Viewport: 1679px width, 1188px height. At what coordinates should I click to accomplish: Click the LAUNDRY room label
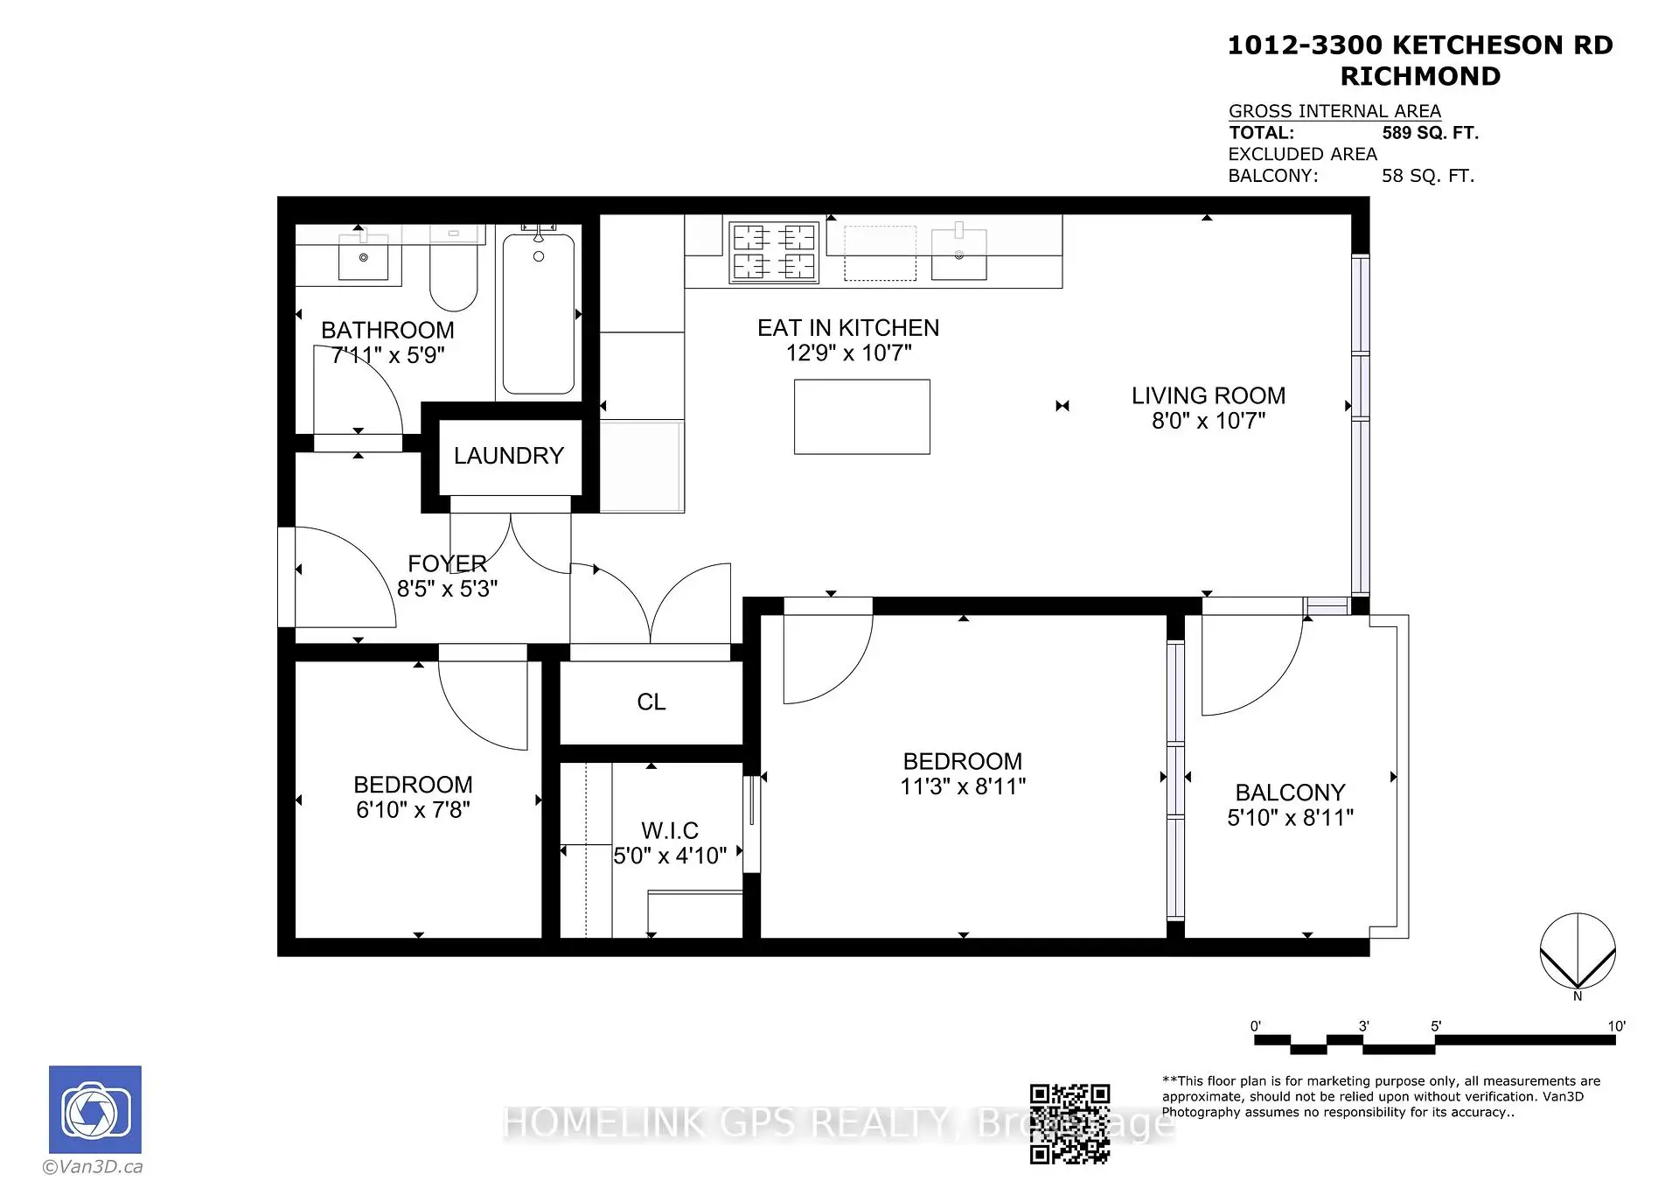tap(508, 456)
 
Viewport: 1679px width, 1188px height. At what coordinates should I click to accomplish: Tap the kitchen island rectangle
tap(861, 416)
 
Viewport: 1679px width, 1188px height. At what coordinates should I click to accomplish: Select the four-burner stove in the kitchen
tap(774, 252)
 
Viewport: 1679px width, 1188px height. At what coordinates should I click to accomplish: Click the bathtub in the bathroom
tap(539, 313)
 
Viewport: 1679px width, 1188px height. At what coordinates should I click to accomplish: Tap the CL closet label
tap(651, 702)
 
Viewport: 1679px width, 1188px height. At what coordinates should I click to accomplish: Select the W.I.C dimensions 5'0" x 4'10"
tap(670, 856)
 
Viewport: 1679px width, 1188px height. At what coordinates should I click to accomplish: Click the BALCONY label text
tap(1290, 793)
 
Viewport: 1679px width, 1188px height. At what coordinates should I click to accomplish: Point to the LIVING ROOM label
tap(1209, 395)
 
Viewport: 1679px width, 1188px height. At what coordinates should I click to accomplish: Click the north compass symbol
tap(1578, 954)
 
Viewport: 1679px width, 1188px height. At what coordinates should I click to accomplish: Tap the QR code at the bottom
tap(1069, 1124)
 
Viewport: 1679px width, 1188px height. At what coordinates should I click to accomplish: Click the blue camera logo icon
tap(94, 1109)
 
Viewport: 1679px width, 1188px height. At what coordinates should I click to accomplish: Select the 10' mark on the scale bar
tap(1616, 1026)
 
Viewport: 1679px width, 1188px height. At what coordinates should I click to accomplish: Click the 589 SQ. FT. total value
tap(1430, 133)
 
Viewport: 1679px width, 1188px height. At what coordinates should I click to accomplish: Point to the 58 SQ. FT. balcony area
tap(1428, 176)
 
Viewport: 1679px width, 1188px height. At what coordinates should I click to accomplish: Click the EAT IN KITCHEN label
tap(848, 328)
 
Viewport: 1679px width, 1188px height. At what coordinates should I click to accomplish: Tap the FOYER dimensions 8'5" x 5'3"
tap(447, 589)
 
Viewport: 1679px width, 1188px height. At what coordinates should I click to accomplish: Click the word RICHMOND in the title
tap(1420, 76)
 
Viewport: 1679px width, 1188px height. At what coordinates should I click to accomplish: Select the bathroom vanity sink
tap(363, 255)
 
